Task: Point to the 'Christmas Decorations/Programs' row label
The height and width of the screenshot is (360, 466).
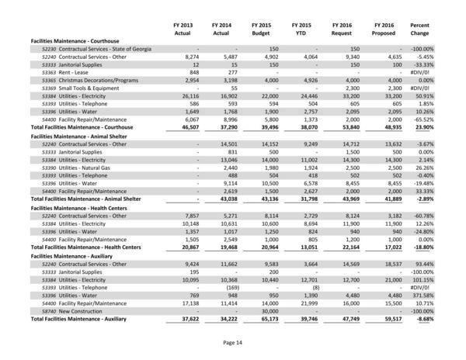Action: [x=93, y=78]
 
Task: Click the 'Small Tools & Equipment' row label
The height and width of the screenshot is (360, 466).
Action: [x=85, y=87]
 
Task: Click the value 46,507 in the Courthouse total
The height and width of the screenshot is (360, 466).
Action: [x=181, y=127]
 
